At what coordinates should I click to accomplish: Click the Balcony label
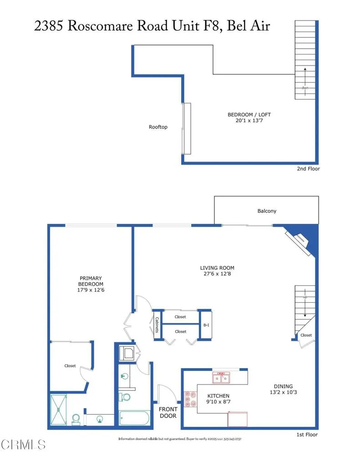point(267,211)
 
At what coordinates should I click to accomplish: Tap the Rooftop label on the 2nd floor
point(158,127)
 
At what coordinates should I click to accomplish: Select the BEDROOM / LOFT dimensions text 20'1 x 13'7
point(252,121)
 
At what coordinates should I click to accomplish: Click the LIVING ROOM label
point(217,268)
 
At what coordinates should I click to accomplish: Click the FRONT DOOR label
point(168,412)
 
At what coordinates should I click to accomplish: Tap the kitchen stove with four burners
point(188,399)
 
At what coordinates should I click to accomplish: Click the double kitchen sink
point(221,378)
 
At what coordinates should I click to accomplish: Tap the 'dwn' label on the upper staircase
point(305,88)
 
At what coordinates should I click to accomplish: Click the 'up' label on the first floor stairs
point(305,297)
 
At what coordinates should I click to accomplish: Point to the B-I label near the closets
point(206,325)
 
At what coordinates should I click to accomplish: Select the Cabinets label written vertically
point(157,324)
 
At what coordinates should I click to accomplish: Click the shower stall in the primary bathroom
point(58,410)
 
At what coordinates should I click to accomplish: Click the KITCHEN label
point(218,395)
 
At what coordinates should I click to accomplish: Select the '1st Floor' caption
point(307,435)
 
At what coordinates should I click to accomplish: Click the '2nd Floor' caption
point(308,169)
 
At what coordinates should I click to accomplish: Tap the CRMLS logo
point(23,444)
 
